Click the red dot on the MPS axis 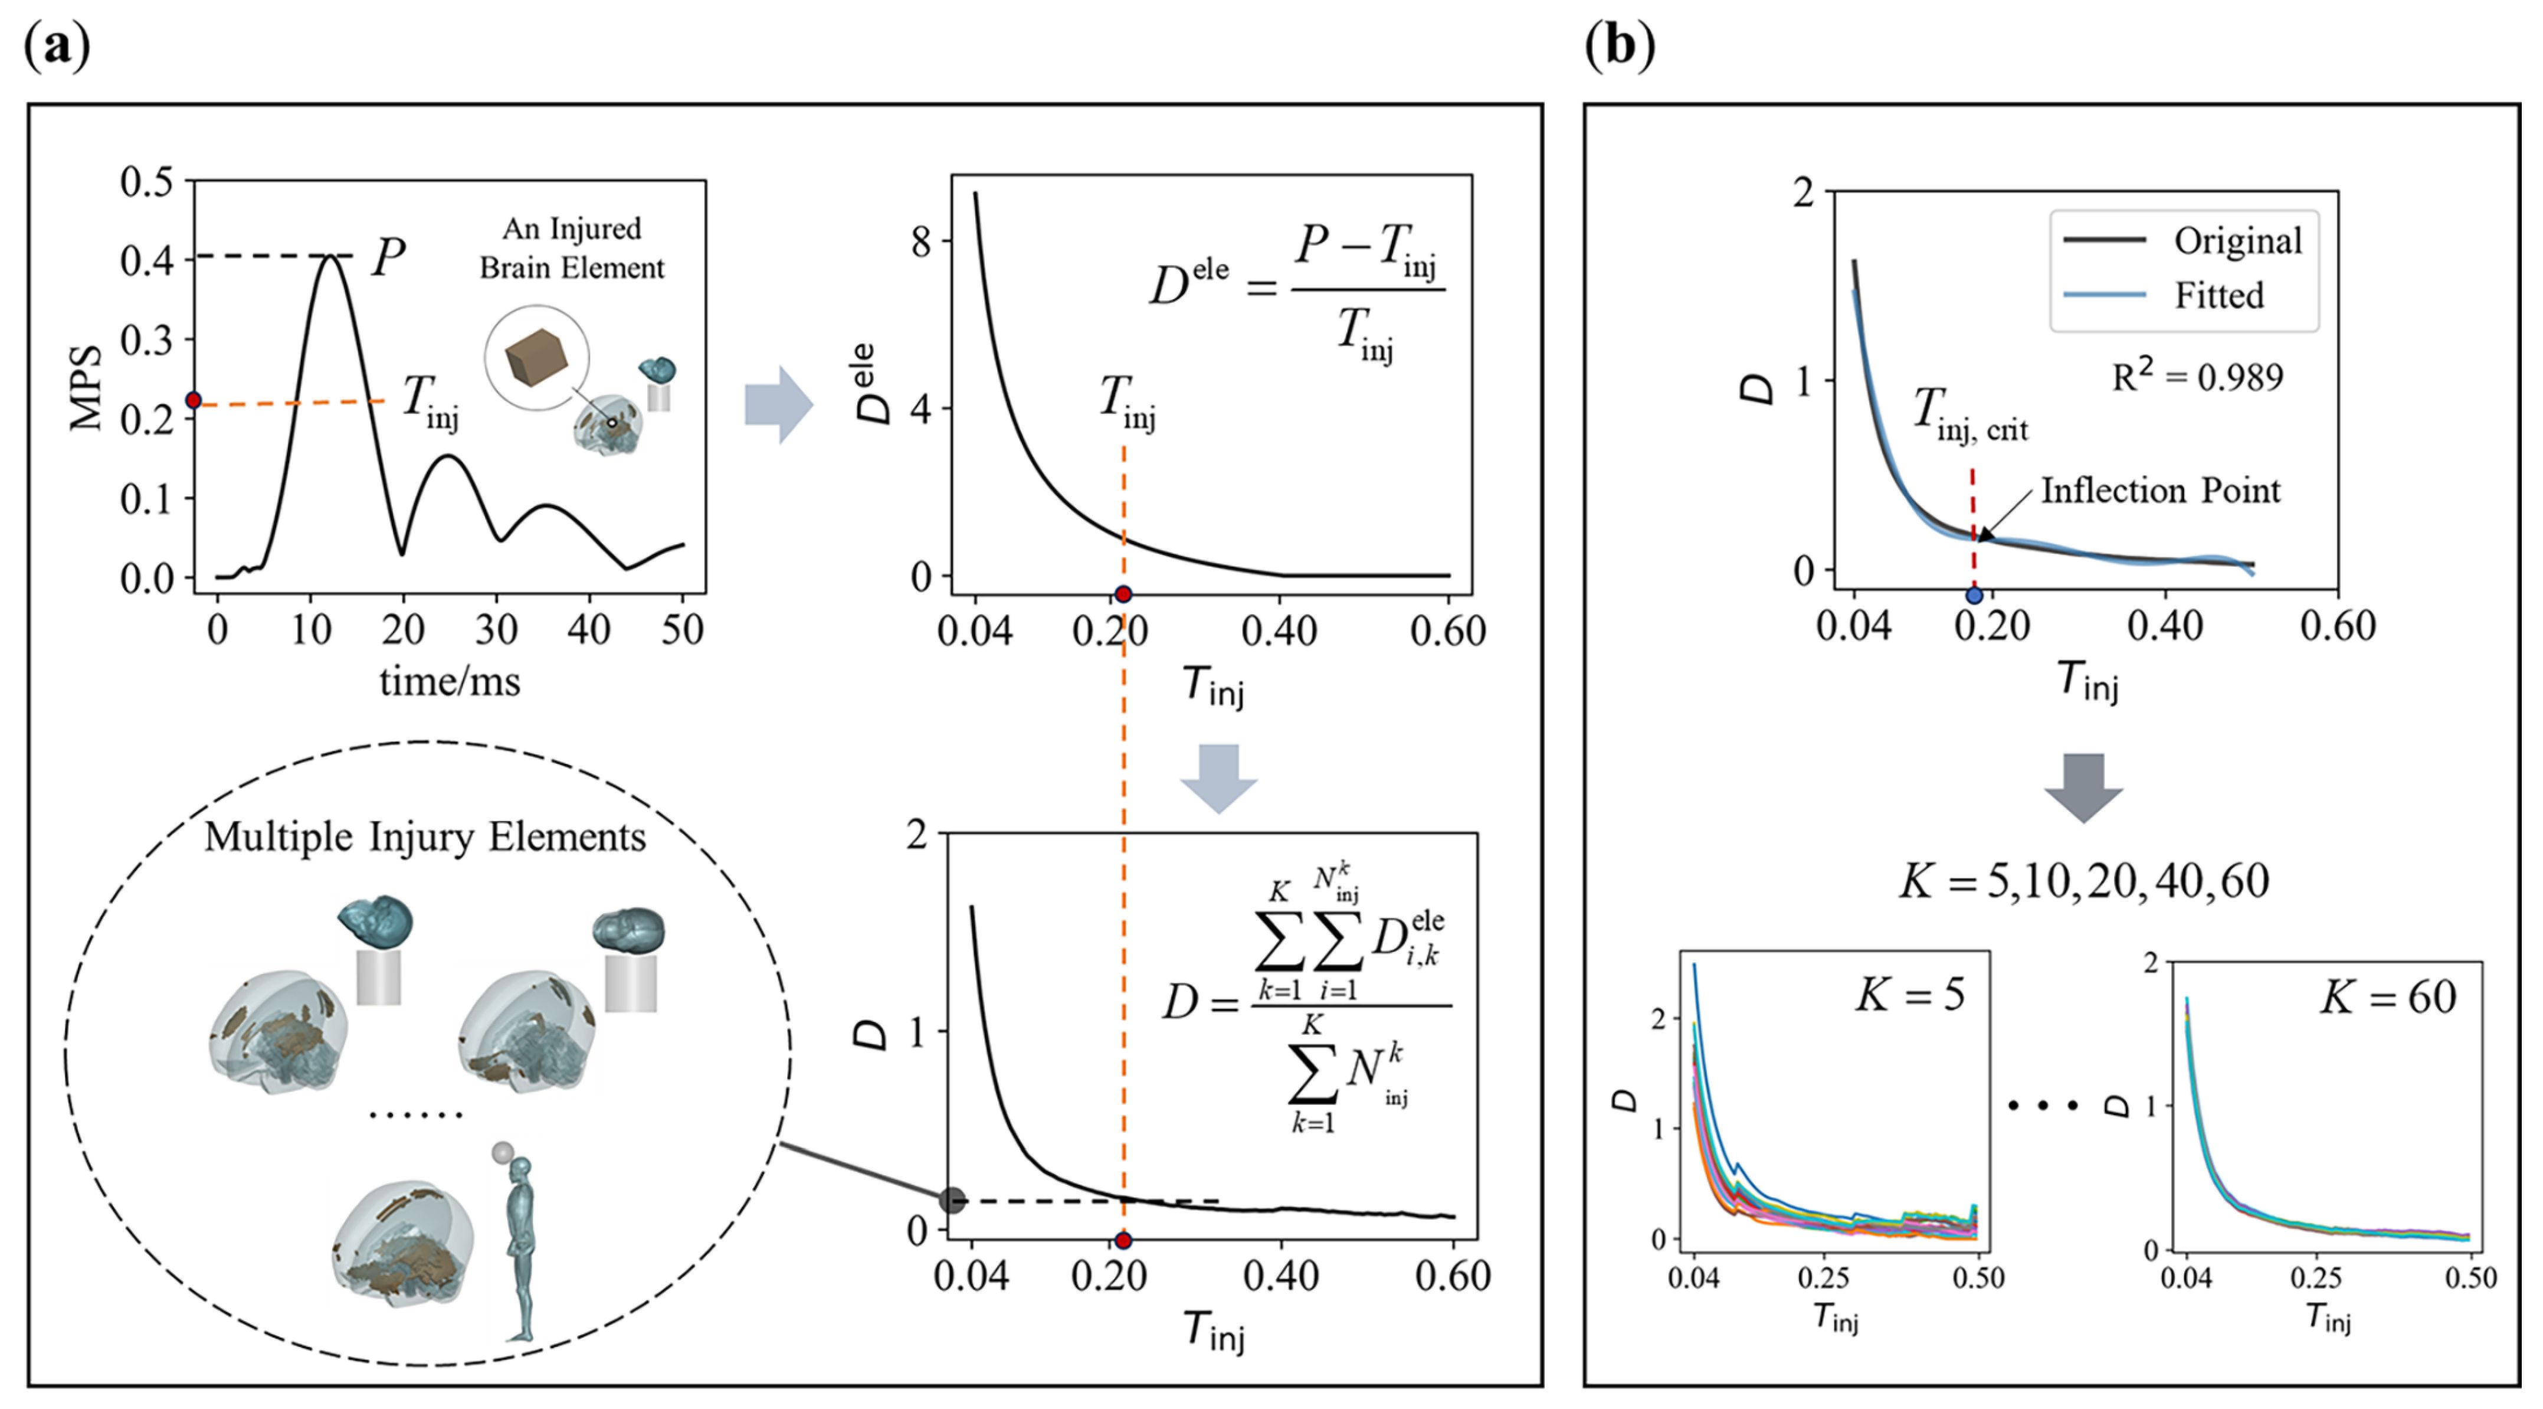pyautogui.click(x=194, y=400)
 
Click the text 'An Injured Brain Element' pyautogui.click(x=572, y=248)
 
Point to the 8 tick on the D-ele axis pyautogui.click(x=921, y=241)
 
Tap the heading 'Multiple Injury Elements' pyautogui.click(x=424, y=837)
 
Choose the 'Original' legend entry pyautogui.click(x=2237, y=241)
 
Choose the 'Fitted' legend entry pyautogui.click(x=2218, y=295)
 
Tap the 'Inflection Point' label pyautogui.click(x=2160, y=491)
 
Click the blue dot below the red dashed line pyautogui.click(x=1974, y=596)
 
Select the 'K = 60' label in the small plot pyautogui.click(x=2387, y=997)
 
